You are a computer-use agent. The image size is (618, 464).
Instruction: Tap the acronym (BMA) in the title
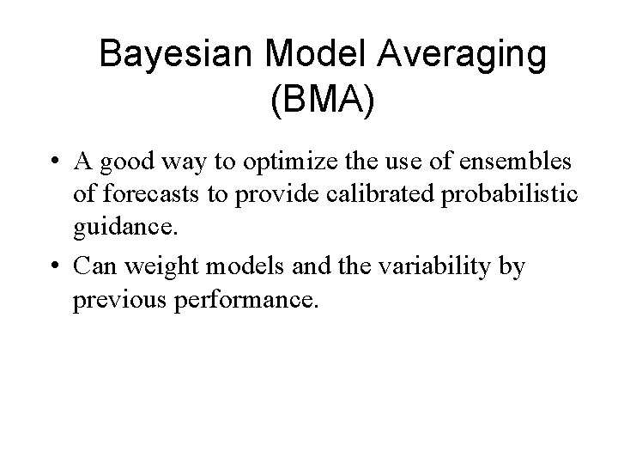click(322, 100)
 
